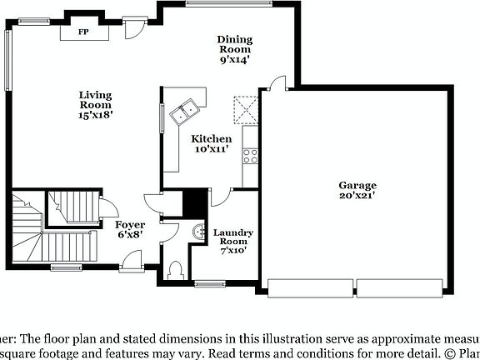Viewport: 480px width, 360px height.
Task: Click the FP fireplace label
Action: (x=83, y=32)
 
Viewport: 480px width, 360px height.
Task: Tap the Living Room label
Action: (x=96, y=105)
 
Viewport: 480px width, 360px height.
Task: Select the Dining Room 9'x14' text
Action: (x=235, y=49)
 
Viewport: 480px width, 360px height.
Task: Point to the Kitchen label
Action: (x=212, y=143)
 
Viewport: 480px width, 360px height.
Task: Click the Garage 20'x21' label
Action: (x=357, y=190)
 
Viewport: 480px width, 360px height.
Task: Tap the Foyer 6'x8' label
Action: (x=131, y=230)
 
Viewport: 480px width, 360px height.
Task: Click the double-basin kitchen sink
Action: (x=184, y=111)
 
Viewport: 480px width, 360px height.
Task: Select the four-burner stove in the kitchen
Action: (x=249, y=153)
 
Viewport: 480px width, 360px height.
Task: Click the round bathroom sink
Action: (x=198, y=232)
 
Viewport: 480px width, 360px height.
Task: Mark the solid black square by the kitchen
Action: (x=194, y=202)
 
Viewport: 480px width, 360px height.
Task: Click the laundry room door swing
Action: (x=221, y=197)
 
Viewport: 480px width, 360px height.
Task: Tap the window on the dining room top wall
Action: (x=220, y=3)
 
